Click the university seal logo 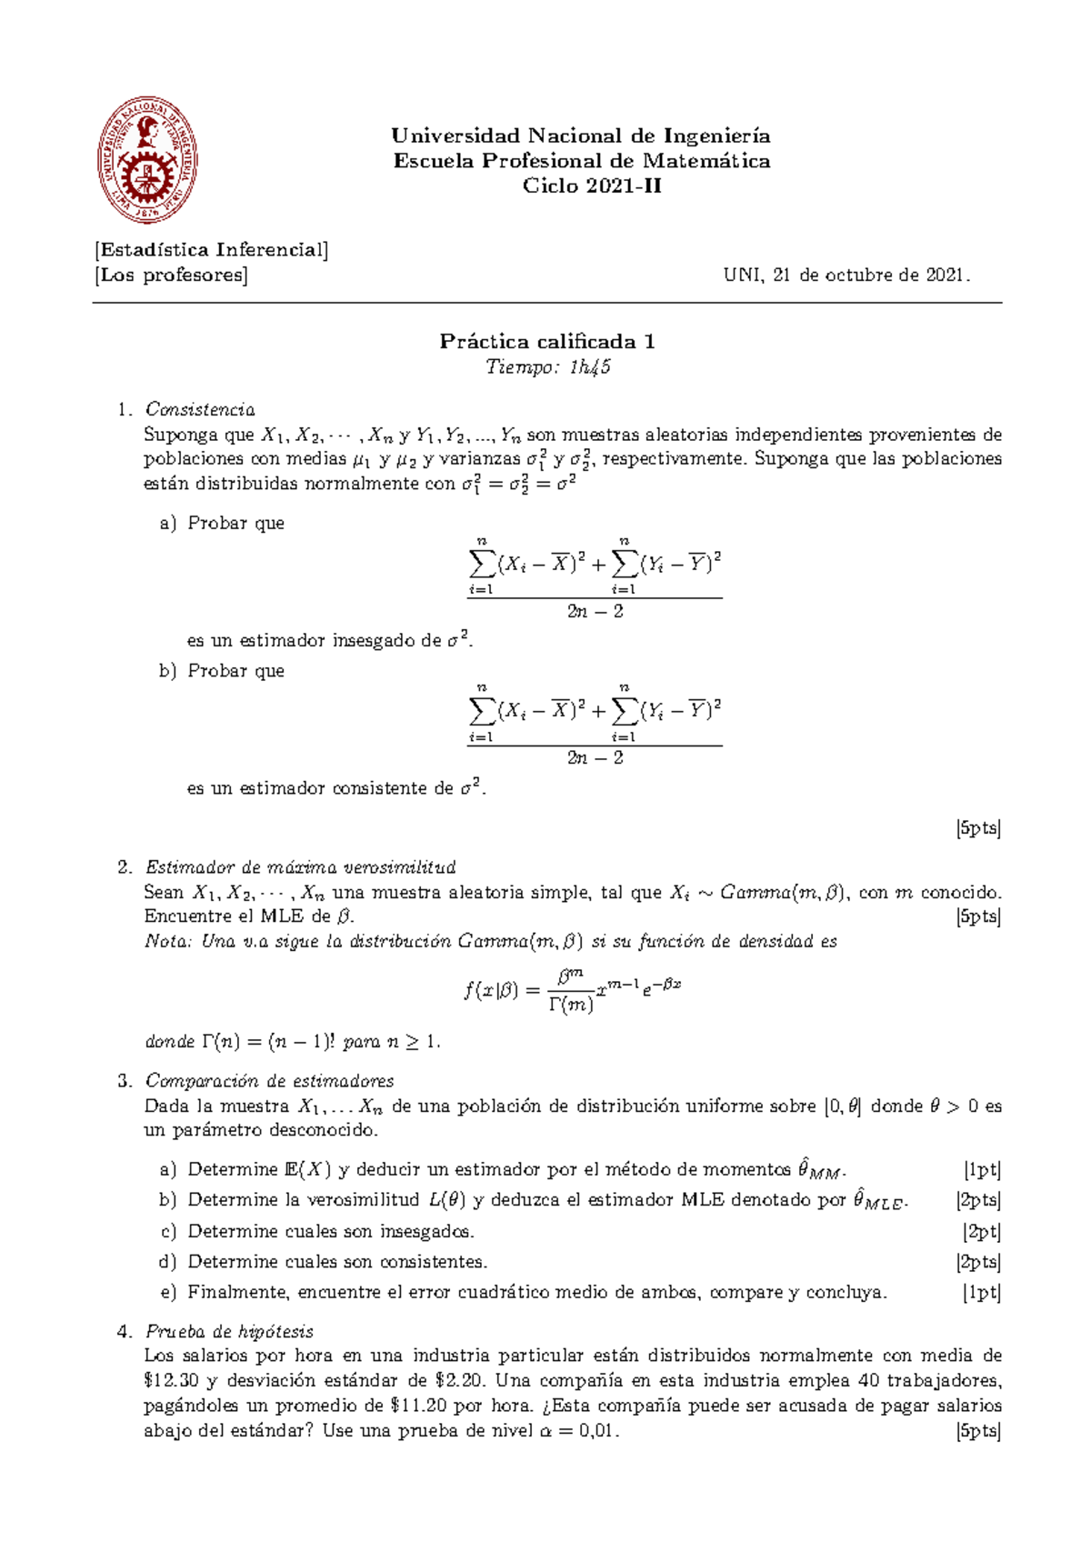coord(147,162)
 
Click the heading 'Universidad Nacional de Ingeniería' coord(581,136)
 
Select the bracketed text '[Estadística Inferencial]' coord(211,250)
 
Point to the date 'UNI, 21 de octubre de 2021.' coord(846,275)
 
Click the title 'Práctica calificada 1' coord(547,342)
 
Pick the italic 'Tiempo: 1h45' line coord(547,367)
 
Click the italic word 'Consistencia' coord(200,409)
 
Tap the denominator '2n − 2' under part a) coord(595,611)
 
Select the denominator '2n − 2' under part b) coord(595,758)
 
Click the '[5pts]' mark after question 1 coord(977,828)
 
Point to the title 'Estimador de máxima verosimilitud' coord(300,867)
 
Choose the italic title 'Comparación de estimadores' coord(269,1081)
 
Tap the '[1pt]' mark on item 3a coord(982,1170)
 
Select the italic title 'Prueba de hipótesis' coord(229,1332)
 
